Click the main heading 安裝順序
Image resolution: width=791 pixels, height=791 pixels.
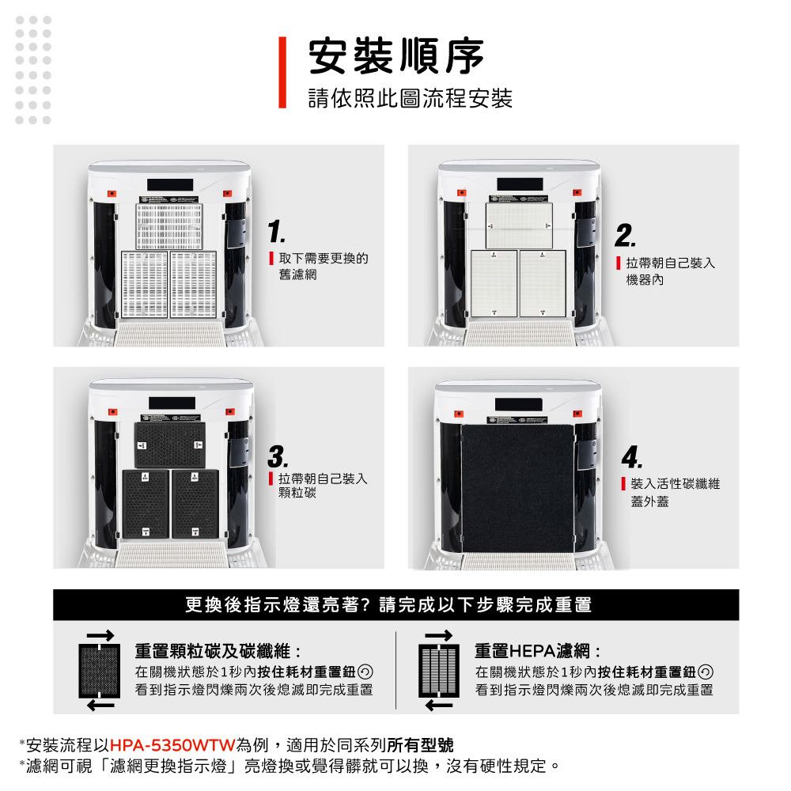396,56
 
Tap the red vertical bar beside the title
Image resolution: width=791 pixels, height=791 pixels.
282,72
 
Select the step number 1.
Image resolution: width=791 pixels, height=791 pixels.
276,232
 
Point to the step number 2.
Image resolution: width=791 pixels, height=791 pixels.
625,236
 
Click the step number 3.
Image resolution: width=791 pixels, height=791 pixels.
278,456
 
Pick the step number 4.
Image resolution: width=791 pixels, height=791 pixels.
632,457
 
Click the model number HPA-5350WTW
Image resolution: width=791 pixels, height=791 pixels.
172,744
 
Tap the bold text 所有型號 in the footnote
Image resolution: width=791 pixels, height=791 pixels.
420,744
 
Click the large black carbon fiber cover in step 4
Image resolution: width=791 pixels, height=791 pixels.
517,488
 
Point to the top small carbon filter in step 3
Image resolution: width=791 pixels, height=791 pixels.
170,445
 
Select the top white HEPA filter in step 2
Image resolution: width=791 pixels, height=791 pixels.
519,225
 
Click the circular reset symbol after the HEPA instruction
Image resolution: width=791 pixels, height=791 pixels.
706,672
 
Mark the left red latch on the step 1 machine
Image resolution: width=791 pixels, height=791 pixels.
112,194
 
